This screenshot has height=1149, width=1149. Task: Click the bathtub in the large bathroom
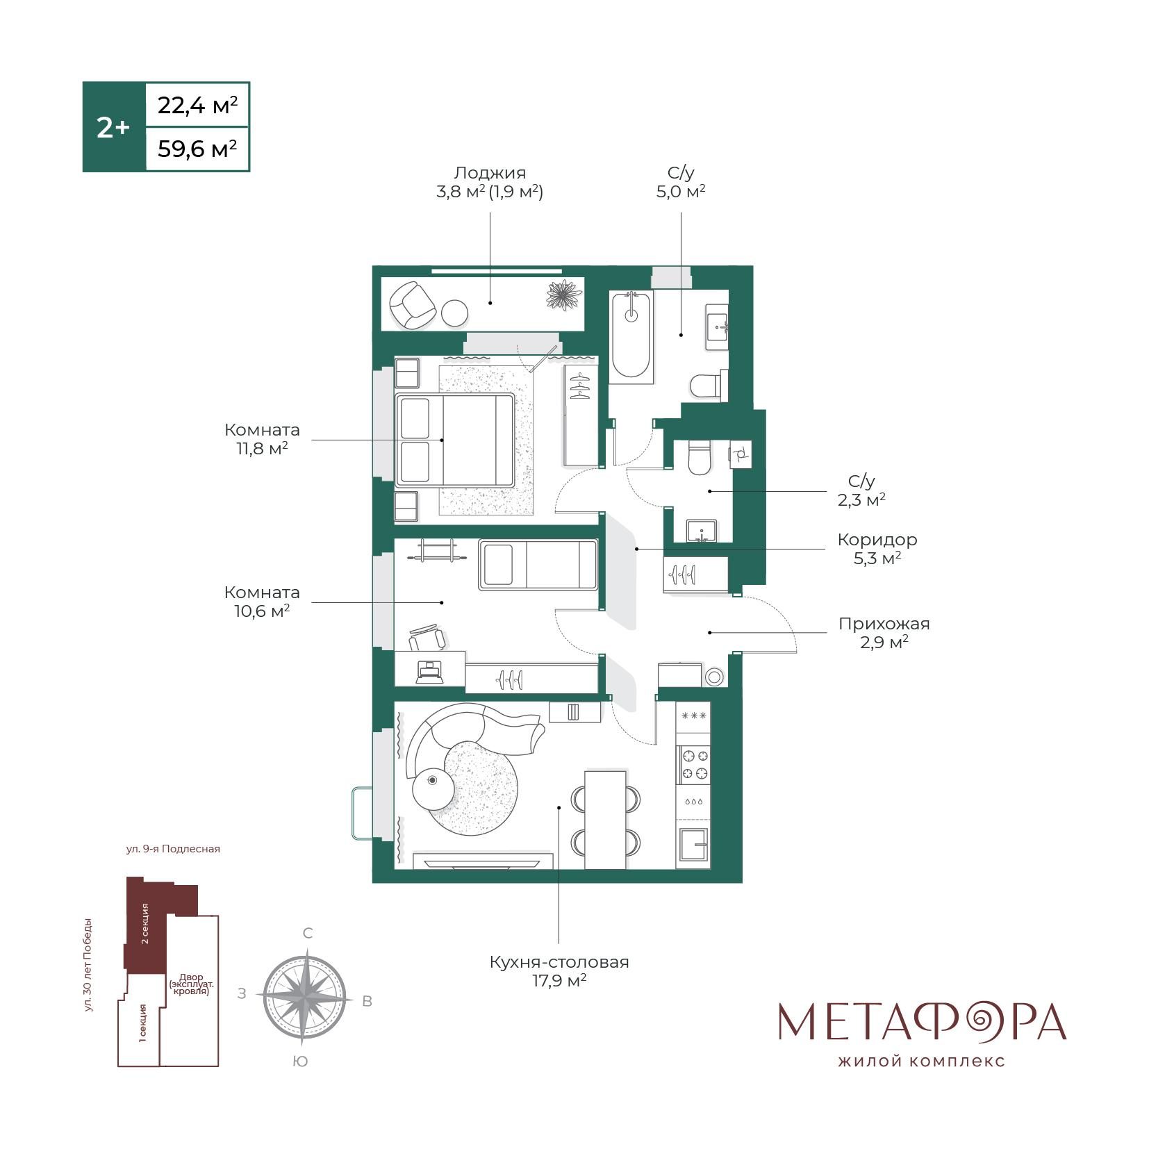[631, 337]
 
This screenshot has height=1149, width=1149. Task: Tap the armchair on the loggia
[413, 304]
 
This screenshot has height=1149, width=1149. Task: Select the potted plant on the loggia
[563, 296]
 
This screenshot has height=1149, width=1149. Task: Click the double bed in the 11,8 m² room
[455, 439]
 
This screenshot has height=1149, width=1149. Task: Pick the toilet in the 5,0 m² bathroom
[709, 384]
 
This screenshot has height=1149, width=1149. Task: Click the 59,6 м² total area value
[197, 149]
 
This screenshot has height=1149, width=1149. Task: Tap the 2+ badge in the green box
[113, 128]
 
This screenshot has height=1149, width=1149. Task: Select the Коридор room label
[877, 540]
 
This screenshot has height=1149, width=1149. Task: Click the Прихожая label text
[884, 623]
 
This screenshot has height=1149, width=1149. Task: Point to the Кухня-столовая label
[559, 962]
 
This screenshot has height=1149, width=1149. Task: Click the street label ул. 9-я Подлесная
[173, 849]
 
